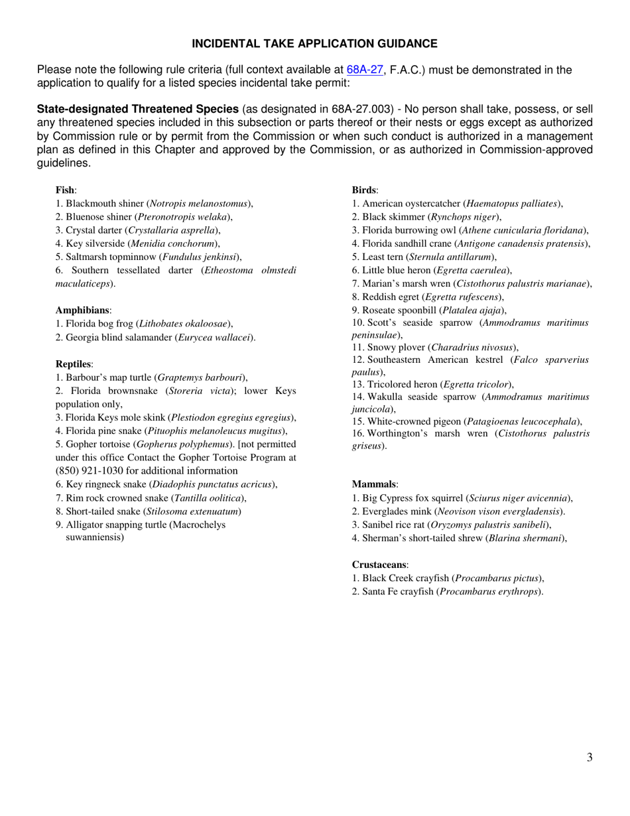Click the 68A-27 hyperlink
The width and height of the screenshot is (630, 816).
(x=364, y=70)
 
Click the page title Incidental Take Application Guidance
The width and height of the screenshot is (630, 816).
(x=314, y=44)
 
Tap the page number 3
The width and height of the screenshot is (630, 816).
(x=589, y=758)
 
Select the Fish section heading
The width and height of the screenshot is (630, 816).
(x=66, y=190)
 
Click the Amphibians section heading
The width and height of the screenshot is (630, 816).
(x=83, y=310)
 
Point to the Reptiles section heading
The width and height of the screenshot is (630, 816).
(x=74, y=364)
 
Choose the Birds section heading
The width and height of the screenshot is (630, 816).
(x=365, y=190)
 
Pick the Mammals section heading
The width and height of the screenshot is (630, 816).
(x=375, y=485)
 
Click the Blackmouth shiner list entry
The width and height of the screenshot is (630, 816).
(x=154, y=204)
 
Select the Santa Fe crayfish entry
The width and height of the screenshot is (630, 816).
(x=447, y=591)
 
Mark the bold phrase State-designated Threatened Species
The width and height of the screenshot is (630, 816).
(x=138, y=109)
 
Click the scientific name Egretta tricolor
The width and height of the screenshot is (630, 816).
(x=475, y=384)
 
